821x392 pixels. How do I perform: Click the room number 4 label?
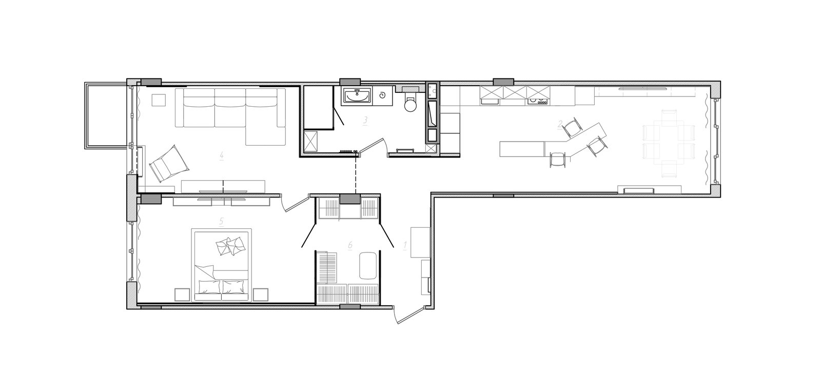click(x=221, y=156)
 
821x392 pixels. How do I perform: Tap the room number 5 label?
click(x=221, y=221)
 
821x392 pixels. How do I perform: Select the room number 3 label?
click(x=365, y=121)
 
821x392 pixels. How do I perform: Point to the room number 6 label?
click(x=350, y=245)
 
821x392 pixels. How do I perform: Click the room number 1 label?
click(x=405, y=245)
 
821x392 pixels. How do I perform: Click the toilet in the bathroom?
click(x=410, y=102)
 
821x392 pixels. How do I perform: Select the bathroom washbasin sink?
click(x=357, y=96)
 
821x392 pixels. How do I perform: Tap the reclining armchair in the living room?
click(x=169, y=163)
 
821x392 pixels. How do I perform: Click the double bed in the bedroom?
click(x=222, y=265)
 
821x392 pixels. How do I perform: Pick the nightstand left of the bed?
click(x=182, y=295)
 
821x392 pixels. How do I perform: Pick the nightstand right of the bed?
click(x=261, y=295)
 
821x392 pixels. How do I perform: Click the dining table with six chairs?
click(x=669, y=143)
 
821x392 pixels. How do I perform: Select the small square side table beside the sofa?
click(x=159, y=100)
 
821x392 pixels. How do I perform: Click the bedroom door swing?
click(x=295, y=203)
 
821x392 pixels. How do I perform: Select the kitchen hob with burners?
click(x=538, y=101)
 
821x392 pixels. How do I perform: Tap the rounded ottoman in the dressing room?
click(x=368, y=266)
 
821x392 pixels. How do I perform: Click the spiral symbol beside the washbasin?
click(x=382, y=95)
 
